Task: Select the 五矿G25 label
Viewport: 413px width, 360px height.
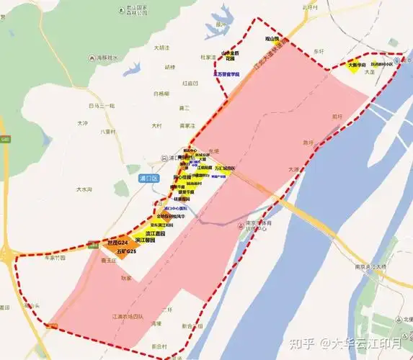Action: (121, 251)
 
